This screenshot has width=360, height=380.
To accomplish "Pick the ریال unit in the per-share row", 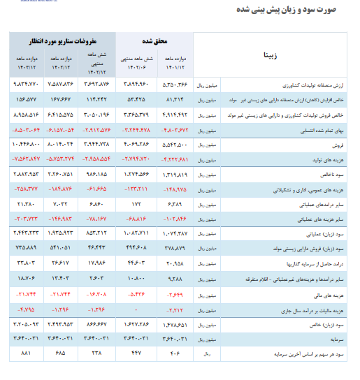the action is click(x=206, y=354).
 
